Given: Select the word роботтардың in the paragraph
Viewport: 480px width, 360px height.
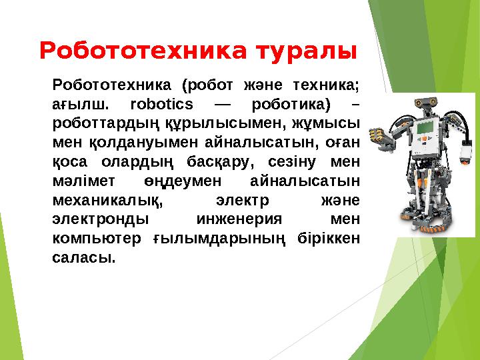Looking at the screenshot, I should click(99, 123).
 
